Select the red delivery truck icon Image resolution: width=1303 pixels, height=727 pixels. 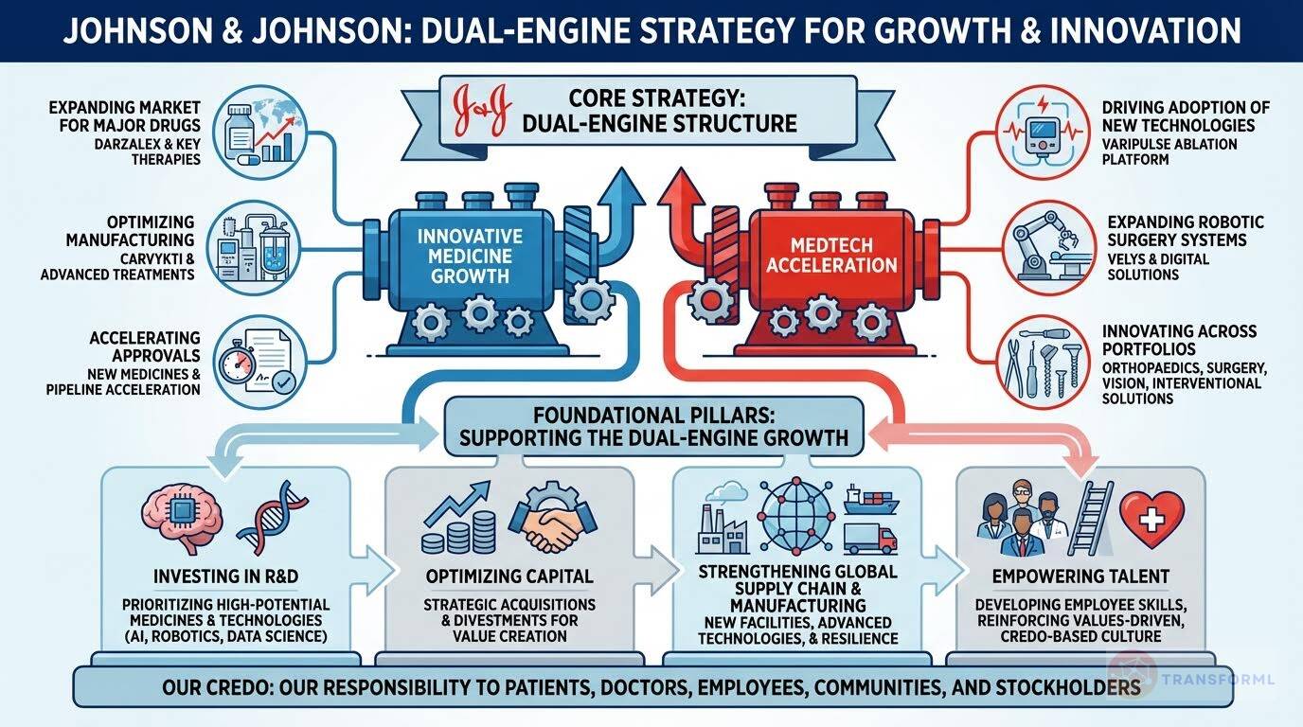pyautogui.click(x=868, y=538)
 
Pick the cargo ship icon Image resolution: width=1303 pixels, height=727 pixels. pyautogui.click(x=870, y=499)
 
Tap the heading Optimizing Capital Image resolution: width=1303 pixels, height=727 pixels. pyautogui.click(x=523, y=576)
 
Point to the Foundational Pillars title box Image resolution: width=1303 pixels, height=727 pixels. pyautogui.click(x=652, y=427)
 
